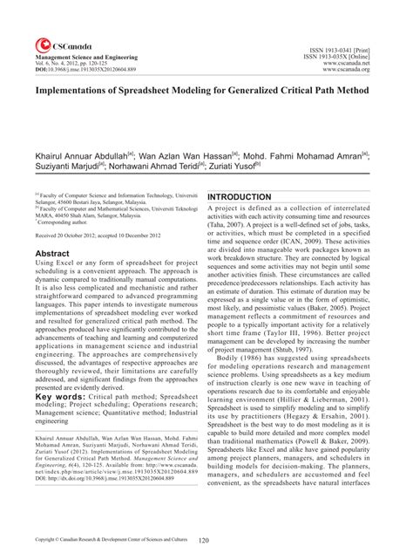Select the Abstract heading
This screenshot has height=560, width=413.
click(51, 251)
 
